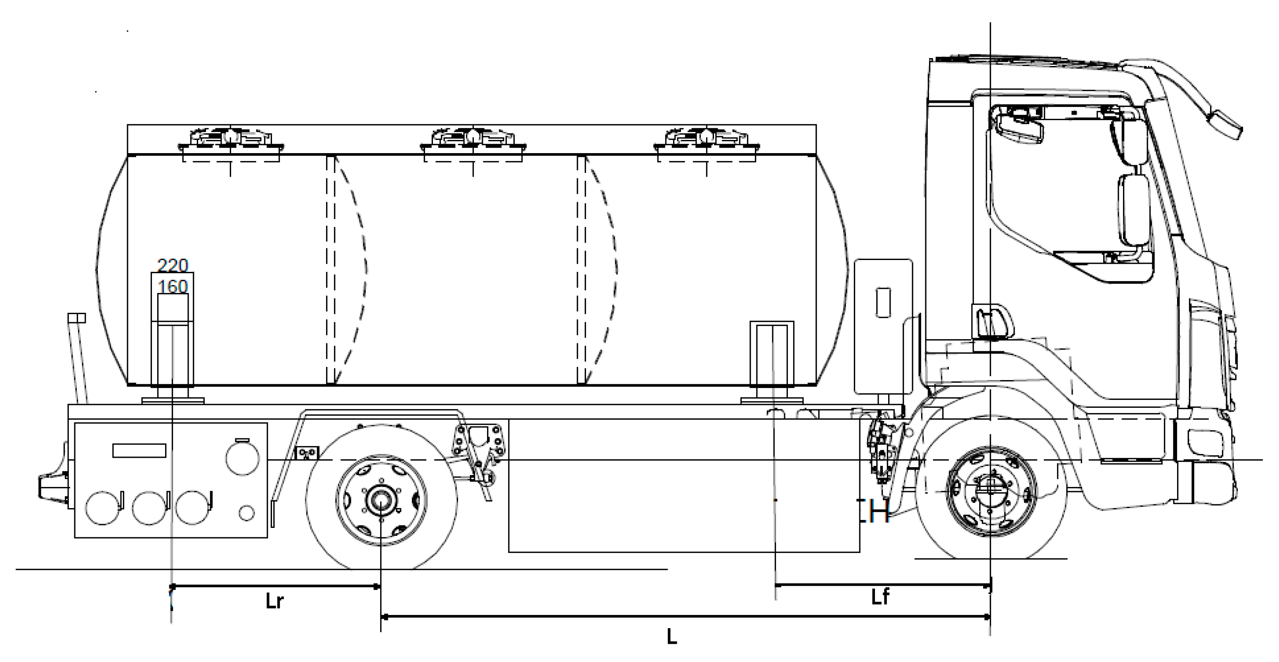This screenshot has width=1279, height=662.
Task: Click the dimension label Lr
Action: pyautogui.click(x=274, y=601)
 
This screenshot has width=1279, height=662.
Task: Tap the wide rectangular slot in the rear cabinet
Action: pyautogui.click(x=139, y=450)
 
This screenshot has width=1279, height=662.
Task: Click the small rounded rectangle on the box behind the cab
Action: pyautogui.click(x=883, y=303)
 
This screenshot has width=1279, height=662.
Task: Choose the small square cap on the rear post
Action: pyautogui.click(x=76, y=318)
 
